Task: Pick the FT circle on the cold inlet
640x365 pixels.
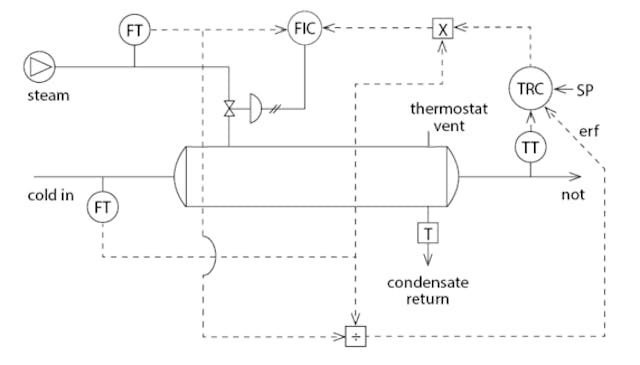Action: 101,207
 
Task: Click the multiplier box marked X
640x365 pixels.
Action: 442,28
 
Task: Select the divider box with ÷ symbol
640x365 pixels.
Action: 356,336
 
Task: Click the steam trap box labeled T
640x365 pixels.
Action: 427,233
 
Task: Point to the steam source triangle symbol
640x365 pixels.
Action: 39,66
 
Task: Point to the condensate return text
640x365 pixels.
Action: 427,289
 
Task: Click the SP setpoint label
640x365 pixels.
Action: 587,90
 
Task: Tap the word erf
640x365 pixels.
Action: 590,130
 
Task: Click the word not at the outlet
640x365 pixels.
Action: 572,194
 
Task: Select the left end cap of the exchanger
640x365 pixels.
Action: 182,177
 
